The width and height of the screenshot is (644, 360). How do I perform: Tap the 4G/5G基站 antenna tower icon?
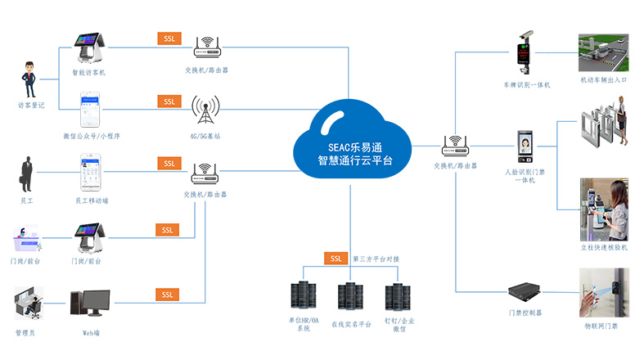pos(205,109)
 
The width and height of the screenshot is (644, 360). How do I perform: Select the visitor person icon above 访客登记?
pos(30,79)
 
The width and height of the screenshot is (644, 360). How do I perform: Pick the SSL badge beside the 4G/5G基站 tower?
pos(169,101)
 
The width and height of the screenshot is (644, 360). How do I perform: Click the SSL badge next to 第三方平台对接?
pos(336,259)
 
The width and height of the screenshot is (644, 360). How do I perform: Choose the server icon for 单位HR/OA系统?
pos(299,295)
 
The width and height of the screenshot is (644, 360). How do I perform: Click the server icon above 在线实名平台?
pos(349,295)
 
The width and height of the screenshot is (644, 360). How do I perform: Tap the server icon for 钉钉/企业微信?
pos(399,295)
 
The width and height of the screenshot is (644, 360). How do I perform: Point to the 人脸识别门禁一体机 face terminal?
pos(525,151)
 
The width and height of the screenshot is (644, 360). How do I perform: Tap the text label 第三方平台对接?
pos(376,259)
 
